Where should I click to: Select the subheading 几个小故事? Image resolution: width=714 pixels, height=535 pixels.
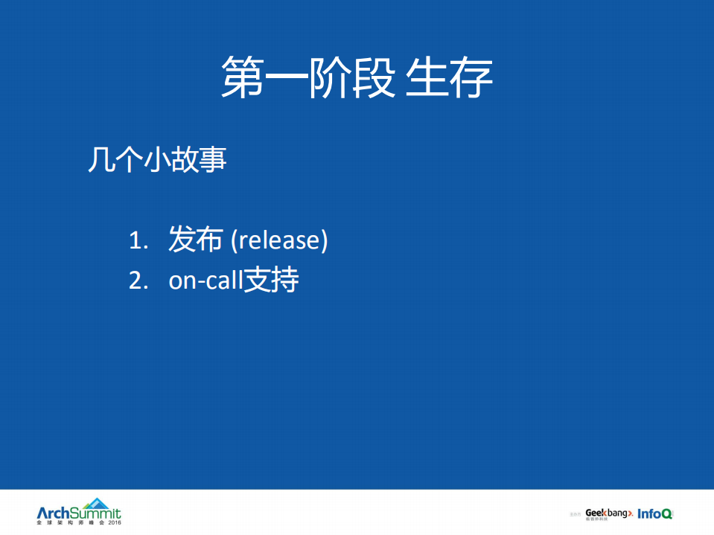click(157, 160)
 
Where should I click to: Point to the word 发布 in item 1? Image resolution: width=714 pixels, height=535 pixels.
click(195, 240)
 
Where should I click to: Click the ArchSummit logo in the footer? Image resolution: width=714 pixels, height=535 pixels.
click(78, 513)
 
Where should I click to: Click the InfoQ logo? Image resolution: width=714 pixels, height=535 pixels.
click(655, 513)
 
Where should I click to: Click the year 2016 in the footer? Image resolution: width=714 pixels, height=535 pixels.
click(114, 524)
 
